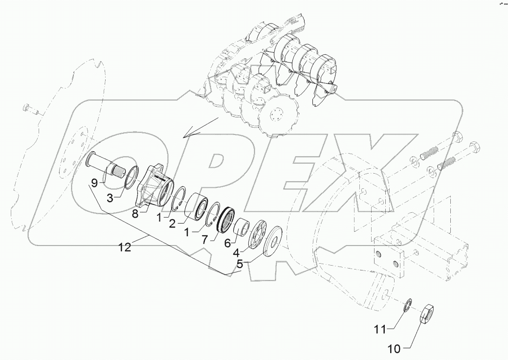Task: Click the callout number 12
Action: pos(125,247)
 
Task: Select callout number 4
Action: pos(236,253)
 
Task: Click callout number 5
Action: pos(240,264)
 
